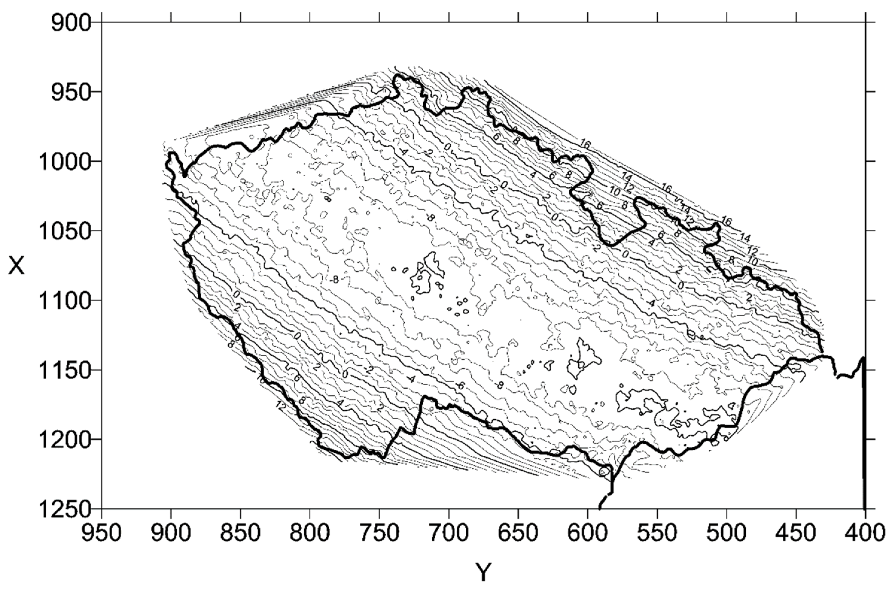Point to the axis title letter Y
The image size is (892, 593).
(x=483, y=572)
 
